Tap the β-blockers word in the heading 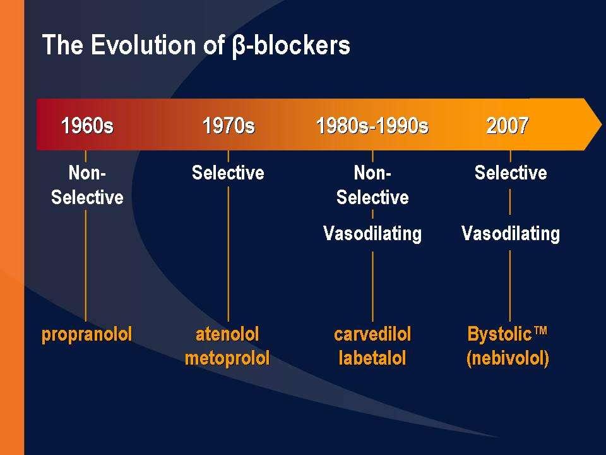(292, 45)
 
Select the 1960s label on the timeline (87, 125)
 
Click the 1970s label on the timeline (229, 125)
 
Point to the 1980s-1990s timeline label (372, 125)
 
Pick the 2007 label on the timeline (507, 125)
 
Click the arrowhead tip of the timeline (602, 124)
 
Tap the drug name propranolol (86, 335)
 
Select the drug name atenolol (227, 334)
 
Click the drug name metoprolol (227, 358)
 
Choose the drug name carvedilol (372, 334)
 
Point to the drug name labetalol (372, 358)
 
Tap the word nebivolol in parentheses (508, 358)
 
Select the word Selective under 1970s (228, 173)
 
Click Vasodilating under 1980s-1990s (372, 234)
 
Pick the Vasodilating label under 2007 (511, 234)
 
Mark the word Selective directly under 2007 (511, 173)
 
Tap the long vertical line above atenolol (228, 254)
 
